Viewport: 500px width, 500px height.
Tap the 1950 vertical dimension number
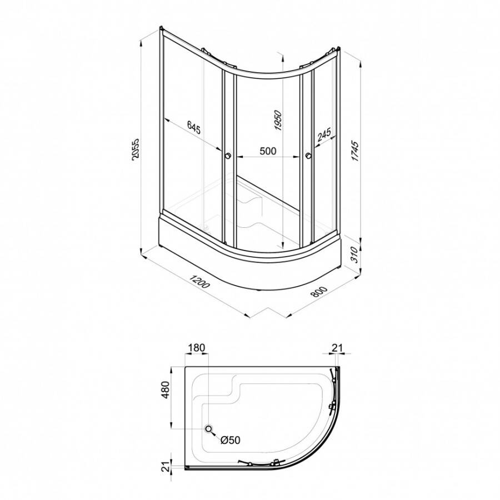pyautogui.click(x=278, y=121)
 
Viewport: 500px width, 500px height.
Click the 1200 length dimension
pyautogui.click(x=199, y=281)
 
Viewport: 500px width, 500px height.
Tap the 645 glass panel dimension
pyautogui.click(x=193, y=127)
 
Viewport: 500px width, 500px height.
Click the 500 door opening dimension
pyautogui.click(x=268, y=151)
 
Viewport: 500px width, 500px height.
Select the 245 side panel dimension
pyautogui.click(x=324, y=136)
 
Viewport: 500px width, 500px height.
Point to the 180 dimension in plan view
pyautogui.click(x=196, y=348)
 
